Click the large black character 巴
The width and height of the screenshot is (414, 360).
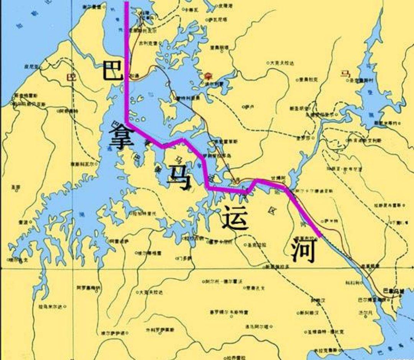tap(112, 69)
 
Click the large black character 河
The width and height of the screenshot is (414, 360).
tap(303, 249)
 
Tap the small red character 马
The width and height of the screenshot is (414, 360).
tap(344, 73)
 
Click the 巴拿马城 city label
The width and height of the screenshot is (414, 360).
tap(393, 292)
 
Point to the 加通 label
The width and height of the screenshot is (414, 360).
tap(134, 76)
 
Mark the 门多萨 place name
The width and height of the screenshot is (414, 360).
tap(184, 259)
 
